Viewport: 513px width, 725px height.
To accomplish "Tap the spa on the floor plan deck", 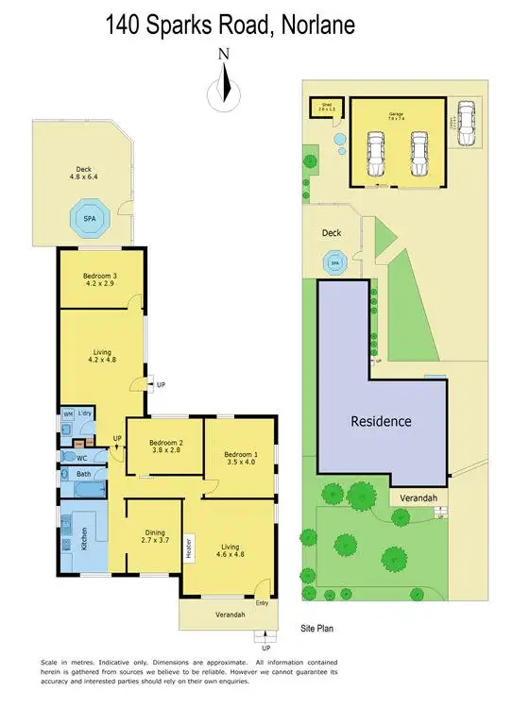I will click(90, 218).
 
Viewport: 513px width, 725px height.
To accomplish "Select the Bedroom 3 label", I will click(101, 275).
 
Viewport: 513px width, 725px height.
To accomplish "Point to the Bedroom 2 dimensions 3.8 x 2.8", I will click(160, 451).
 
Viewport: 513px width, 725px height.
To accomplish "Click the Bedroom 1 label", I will click(240, 455).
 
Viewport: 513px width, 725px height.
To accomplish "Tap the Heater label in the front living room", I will click(190, 549).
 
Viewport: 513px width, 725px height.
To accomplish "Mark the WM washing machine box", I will click(68, 414).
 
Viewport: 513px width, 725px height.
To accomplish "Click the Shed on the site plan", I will click(326, 107).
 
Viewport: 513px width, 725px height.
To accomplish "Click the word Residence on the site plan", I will click(381, 421).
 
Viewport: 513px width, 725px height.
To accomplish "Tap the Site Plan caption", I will click(317, 627).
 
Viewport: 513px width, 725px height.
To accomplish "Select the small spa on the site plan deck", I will click(333, 261).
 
